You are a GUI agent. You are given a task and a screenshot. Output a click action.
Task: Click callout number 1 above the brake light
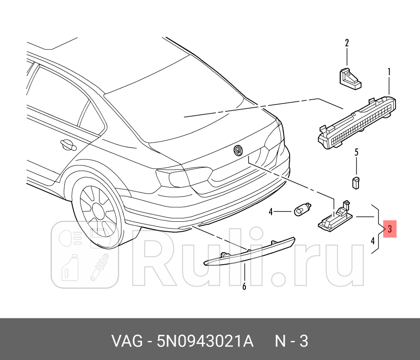[x=389, y=71]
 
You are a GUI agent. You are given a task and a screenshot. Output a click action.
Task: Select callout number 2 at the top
[x=347, y=43]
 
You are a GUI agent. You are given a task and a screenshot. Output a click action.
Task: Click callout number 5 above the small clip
[x=356, y=152]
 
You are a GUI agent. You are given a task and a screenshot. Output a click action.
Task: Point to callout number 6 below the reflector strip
[x=244, y=286]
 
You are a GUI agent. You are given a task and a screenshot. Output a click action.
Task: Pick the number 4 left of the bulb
[x=270, y=212]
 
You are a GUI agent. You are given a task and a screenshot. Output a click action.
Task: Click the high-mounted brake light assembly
[x=359, y=123]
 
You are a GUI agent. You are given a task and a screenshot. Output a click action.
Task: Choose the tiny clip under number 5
[x=356, y=182]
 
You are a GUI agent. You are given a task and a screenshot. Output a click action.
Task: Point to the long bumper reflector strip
[x=249, y=253]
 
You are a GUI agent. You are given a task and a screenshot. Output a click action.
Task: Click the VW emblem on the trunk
[x=238, y=150]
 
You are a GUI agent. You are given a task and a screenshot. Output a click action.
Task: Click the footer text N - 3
[x=291, y=341]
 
